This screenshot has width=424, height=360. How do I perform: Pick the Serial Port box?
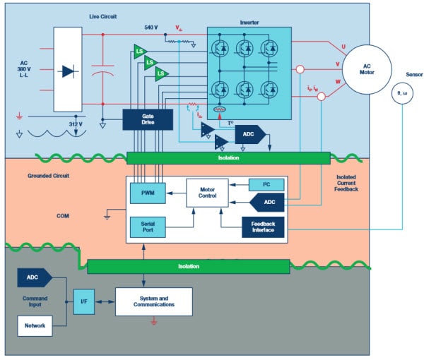tap(146, 227)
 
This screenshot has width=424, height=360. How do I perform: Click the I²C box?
tap(266, 185)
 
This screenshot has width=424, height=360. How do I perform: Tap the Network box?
tap(35, 326)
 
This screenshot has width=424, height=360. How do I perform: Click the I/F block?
tap(83, 301)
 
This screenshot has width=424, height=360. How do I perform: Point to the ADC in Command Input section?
tap(33, 278)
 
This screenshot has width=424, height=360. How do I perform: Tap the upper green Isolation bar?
tap(228, 157)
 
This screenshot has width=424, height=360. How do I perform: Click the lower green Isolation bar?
tap(188, 266)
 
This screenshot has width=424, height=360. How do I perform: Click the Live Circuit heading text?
tap(103, 16)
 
